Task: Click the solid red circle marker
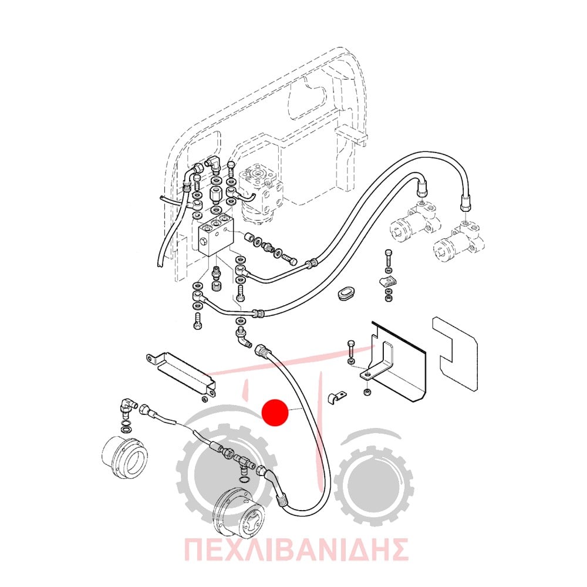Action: (275, 412)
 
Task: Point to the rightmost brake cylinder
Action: (460, 242)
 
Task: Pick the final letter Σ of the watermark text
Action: (398, 549)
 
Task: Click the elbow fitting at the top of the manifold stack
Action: (214, 163)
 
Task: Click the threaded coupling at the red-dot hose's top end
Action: (261, 351)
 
